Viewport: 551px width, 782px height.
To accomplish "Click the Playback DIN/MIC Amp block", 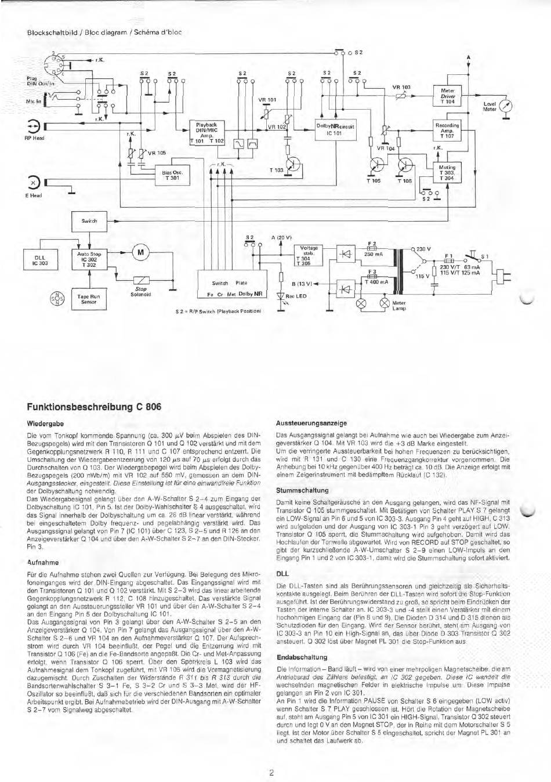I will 207,132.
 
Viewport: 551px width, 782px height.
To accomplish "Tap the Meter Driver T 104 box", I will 448,96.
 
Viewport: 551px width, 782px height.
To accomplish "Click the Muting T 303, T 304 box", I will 447,173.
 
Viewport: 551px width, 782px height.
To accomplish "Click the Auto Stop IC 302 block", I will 89,259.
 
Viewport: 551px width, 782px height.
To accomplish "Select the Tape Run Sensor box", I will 89,299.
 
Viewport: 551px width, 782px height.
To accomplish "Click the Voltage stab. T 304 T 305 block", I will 306,256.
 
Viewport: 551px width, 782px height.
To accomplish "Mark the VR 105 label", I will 157,154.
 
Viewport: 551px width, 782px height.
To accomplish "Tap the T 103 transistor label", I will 276,170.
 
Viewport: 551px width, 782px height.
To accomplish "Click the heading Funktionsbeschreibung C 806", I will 93,406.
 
